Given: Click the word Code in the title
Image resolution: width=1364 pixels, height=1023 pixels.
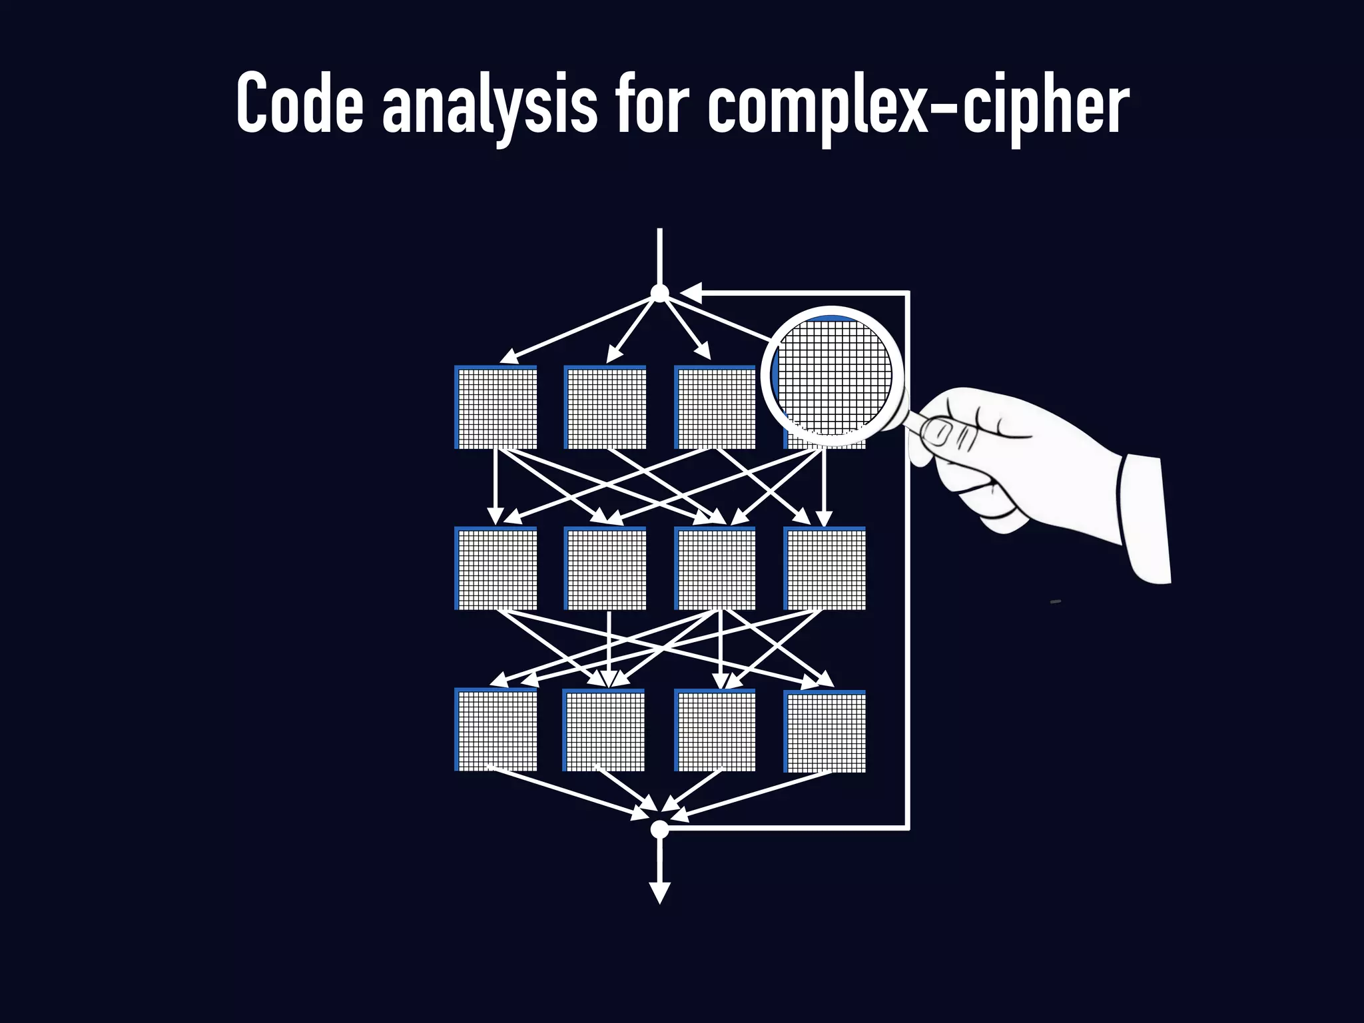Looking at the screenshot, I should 300,103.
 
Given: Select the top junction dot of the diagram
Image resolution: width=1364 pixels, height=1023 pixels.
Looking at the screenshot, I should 659,293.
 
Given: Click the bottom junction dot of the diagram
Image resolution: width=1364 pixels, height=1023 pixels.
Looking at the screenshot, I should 659,829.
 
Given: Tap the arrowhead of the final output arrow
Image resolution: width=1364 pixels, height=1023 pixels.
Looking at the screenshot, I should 659,892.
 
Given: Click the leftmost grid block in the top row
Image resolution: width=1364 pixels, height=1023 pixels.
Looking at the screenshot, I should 496,408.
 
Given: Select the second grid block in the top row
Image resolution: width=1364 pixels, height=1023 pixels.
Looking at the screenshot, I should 605,408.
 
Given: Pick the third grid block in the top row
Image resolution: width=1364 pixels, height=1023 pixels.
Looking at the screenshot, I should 715,408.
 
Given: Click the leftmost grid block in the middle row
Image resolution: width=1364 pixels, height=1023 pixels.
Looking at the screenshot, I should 496,568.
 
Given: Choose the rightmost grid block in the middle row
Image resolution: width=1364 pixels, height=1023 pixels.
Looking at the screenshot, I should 825,568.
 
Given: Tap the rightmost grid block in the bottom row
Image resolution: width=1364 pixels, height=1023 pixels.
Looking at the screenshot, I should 825,731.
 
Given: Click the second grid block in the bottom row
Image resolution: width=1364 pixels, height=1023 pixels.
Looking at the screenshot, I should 604,731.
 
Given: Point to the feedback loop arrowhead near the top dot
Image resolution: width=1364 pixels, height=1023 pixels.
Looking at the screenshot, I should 691,292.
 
